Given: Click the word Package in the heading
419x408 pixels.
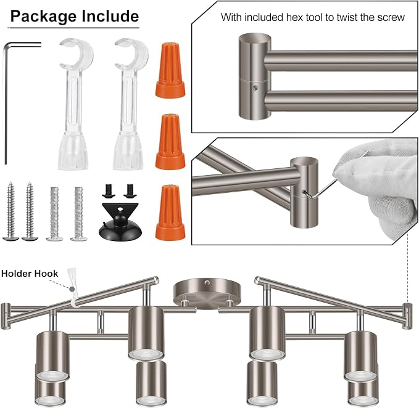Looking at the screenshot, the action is [44, 17].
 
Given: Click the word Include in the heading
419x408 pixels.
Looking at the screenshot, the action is [110, 16].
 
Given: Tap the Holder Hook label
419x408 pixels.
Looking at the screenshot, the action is [30, 274].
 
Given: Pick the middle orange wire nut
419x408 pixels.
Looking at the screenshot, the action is [170, 142].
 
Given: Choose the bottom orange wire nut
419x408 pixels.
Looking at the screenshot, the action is [170, 213].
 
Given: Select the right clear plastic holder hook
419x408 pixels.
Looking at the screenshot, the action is [129, 104].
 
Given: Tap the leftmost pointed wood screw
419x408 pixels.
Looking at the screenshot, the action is [10, 211].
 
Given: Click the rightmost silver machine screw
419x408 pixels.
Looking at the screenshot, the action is [79, 213].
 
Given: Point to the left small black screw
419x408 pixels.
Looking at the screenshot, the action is [109, 191].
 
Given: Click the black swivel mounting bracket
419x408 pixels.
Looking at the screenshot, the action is [120, 222].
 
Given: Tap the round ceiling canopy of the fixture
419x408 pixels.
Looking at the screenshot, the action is [205, 293].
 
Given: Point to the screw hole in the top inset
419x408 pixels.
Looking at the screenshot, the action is [255, 88].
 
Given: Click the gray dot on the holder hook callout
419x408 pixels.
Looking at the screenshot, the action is [72, 288].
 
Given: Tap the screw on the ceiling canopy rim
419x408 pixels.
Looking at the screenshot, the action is [207, 282].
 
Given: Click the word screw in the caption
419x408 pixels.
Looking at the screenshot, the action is [391, 18].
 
